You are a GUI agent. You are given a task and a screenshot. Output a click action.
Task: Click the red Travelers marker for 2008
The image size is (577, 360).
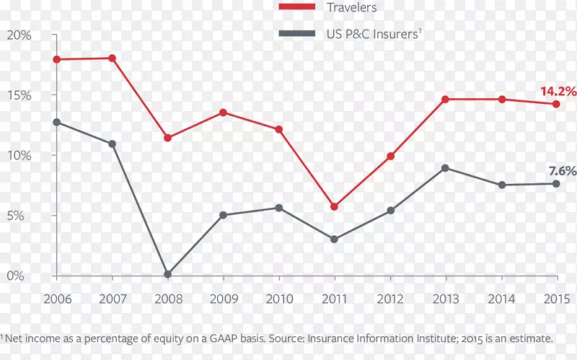point(167,138)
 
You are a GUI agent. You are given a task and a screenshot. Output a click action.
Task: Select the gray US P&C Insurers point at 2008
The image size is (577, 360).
point(167,274)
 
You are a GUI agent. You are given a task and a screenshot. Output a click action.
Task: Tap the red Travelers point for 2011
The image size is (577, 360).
point(334,207)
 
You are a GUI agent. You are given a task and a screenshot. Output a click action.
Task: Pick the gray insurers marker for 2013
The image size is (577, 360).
point(445,168)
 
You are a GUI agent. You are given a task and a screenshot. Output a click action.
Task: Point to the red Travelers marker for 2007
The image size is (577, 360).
point(113,58)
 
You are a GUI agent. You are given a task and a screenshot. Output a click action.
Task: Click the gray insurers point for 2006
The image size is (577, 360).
point(57,122)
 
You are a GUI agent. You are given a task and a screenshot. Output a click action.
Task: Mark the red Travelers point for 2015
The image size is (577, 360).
point(556,104)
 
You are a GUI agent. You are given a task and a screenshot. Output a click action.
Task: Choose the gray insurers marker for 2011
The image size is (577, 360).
point(334,239)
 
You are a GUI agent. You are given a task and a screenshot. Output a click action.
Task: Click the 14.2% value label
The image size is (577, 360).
point(558,92)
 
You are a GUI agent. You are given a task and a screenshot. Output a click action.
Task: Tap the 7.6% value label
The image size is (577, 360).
point(562,171)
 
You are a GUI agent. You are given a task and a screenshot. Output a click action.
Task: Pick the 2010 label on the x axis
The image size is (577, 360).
point(278,299)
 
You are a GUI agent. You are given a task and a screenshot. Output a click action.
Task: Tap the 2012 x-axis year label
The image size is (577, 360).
point(389,299)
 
